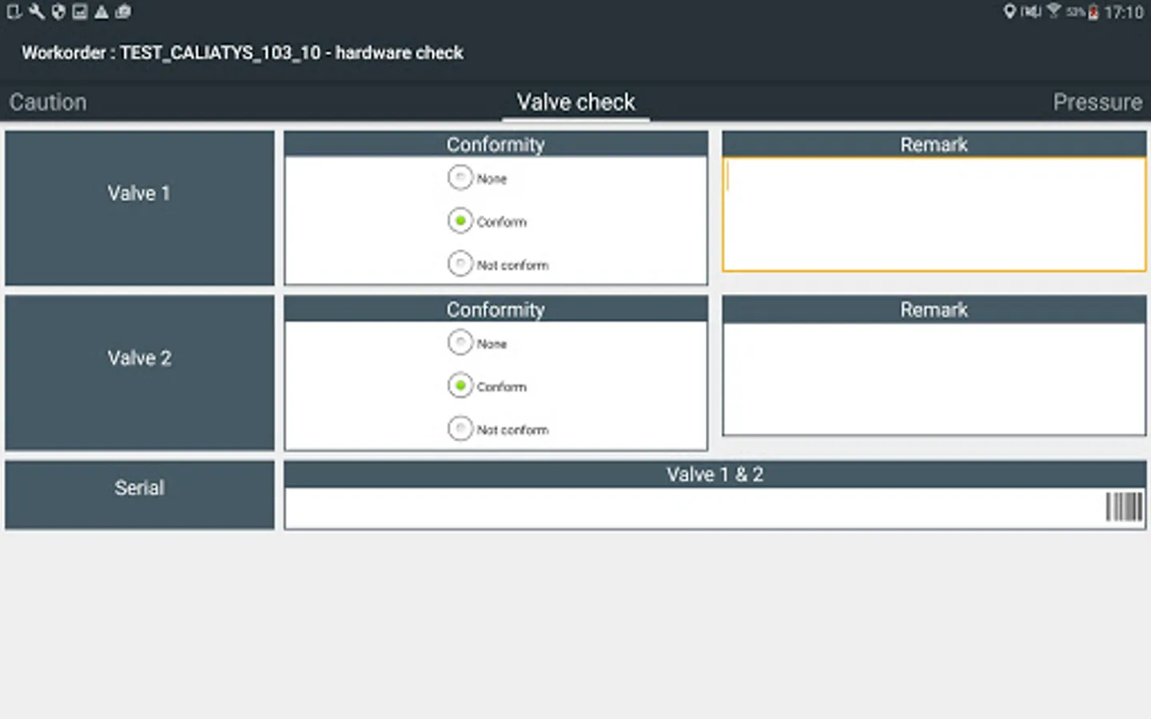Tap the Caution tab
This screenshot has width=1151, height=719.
click(x=48, y=102)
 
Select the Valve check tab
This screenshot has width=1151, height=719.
click(x=575, y=102)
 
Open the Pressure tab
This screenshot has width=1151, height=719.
click(x=1097, y=102)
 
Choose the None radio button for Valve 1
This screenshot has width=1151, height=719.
click(x=460, y=177)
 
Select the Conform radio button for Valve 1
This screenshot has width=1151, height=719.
click(x=460, y=220)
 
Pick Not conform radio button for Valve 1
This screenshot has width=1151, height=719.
click(x=460, y=264)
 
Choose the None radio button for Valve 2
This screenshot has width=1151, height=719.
click(x=460, y=343)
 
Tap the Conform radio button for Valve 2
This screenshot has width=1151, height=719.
click(x=460, y=386)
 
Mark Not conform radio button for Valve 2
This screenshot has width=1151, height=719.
click(x=460, y=429)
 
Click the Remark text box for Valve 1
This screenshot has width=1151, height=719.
click(x=934, y=214)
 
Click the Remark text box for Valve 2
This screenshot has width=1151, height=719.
click(x=934, y=379)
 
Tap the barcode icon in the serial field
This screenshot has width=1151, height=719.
click(x=1123, y=507)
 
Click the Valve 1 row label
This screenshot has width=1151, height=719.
click(x=139, y=193)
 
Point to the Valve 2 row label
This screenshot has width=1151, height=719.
click(x=139, y=358)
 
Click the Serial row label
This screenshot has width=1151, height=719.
click(x=139, y=488)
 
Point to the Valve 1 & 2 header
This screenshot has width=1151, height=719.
click(x=715, y=475)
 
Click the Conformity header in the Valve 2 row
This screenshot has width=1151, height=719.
click(x=496, y=309)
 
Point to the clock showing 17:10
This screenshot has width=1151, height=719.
click(x=1123, y=12)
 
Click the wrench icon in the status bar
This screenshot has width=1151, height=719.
click(x=37, y=11)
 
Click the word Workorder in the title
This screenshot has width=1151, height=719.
click(x=63, y=53)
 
